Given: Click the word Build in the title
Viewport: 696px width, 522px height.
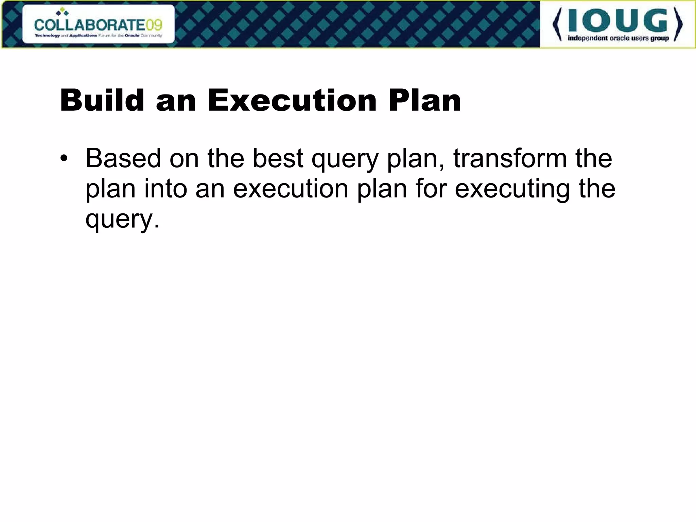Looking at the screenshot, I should pyautogui.click(x=102, y=100).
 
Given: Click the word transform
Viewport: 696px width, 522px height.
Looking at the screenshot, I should pyautogui.click(x=510, y=158).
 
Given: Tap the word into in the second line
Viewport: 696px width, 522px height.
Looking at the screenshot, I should pyautogui.click(x=166, y=189).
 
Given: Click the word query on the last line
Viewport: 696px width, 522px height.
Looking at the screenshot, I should pyautogui.click(x=119, y=220).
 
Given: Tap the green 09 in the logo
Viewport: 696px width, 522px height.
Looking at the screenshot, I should pyautogui.click(x=153, y=25).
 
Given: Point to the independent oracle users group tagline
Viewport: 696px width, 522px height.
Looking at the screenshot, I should pyautogui.click(x=618, y=38).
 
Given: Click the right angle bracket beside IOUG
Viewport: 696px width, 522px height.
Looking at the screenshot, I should pyautogui.click(x=678, y=25).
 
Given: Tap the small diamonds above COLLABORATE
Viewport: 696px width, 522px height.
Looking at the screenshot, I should pyautogui.click(x=62, y=12).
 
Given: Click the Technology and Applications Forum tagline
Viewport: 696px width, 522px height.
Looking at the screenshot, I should pyautogui.click(x=98, y=36).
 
